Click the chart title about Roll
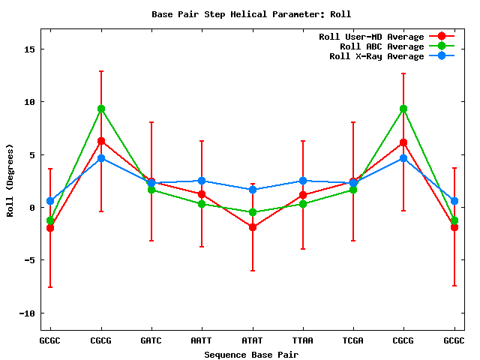pyautogui.click(x=251, y=13)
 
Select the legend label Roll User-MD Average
pyautogui.click(x=371, y=37)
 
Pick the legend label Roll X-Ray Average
pyautogui.click(x=376, y=56)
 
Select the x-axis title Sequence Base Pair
pyautogui.click(x=251, y=353)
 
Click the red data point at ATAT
pyautogui.click(x=253, y=227)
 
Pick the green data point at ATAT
pyautogui.click(x=253, y=212)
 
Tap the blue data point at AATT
pyautogui.click(x=202, y=181)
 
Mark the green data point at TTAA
pyautogui.click(x=303, y=204)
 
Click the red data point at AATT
pyautogui.click(x=202, y=194)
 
